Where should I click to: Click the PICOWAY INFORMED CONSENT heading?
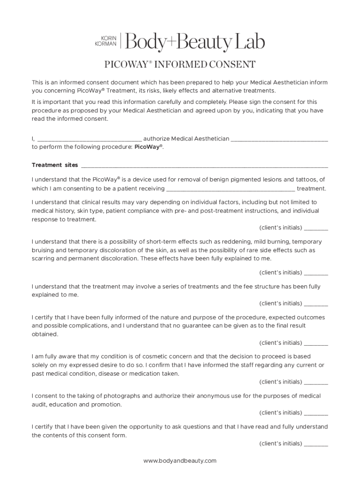[180, 65]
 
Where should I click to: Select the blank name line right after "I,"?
[89, 139]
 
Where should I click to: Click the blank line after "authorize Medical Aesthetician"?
[279, 139]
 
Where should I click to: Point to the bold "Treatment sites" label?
[55, 165]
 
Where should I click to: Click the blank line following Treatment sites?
[204, 166]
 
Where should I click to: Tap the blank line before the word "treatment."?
[230, 189]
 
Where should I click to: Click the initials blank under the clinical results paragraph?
[316, 229]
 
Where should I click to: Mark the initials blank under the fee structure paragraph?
[316, 304]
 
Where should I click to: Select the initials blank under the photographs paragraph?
[316, 414]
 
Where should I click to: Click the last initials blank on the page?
[316, 444]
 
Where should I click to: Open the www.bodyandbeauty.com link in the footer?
[180, 461]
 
